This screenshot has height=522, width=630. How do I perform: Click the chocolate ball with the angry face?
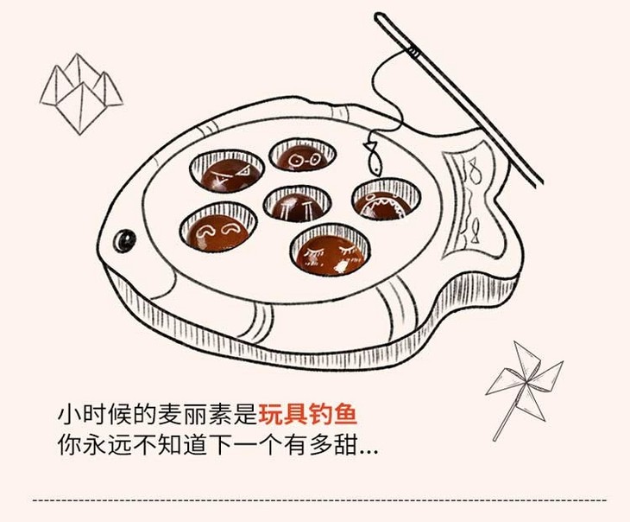(227, 172)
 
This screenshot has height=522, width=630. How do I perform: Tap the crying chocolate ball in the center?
(297, 206)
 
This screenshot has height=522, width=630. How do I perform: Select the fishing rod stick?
(457, 95)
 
